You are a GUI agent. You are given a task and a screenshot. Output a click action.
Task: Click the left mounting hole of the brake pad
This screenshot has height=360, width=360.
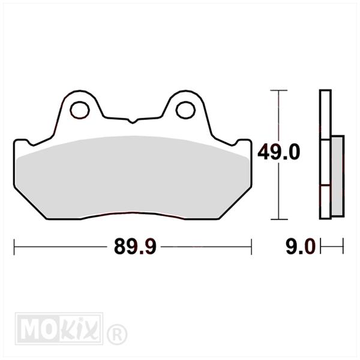pos(80,110)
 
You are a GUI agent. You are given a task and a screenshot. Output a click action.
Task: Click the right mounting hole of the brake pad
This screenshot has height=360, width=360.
pos(185,110)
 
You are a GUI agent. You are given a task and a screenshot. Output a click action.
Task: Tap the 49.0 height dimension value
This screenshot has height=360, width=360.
pos(279,152)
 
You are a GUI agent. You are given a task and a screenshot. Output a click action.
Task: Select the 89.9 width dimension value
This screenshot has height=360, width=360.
pos(135,247)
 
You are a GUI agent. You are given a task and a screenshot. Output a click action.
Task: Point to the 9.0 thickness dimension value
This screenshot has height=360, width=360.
pos(300,247)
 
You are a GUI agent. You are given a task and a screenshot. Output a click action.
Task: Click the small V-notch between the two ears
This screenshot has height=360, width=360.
pos(133,121)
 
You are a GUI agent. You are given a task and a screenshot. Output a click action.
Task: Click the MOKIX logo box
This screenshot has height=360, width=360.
pos(59,328)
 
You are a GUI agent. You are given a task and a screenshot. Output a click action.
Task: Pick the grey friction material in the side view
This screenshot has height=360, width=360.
pos(338,176)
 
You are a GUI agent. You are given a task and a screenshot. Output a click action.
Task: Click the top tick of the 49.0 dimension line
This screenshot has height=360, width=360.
pos(279,91)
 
